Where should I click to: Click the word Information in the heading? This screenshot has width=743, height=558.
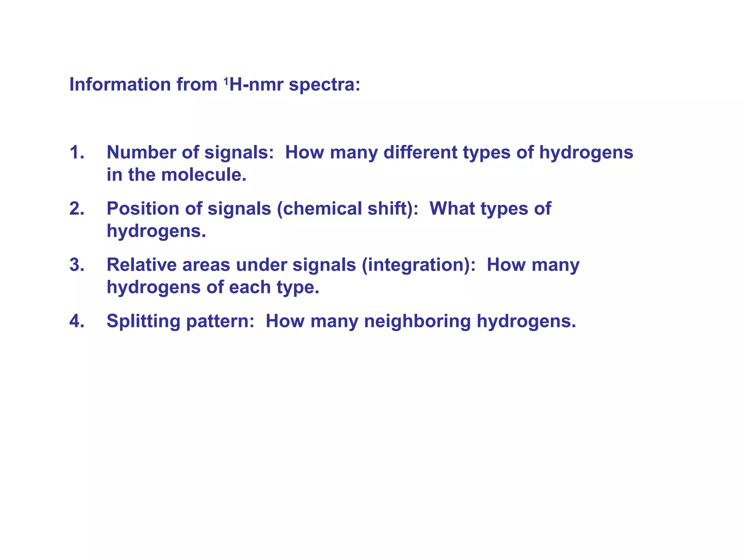120,84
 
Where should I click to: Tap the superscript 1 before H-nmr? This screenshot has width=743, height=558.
226,81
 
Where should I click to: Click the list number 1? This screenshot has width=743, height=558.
77,152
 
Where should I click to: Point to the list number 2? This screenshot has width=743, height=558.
77,209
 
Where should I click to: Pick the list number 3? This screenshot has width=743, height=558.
77,265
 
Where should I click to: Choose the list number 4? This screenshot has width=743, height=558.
77,321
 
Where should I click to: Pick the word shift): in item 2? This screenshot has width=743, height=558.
393,209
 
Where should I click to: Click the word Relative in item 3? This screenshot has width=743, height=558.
141,265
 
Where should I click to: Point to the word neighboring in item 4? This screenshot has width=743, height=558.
418,322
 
